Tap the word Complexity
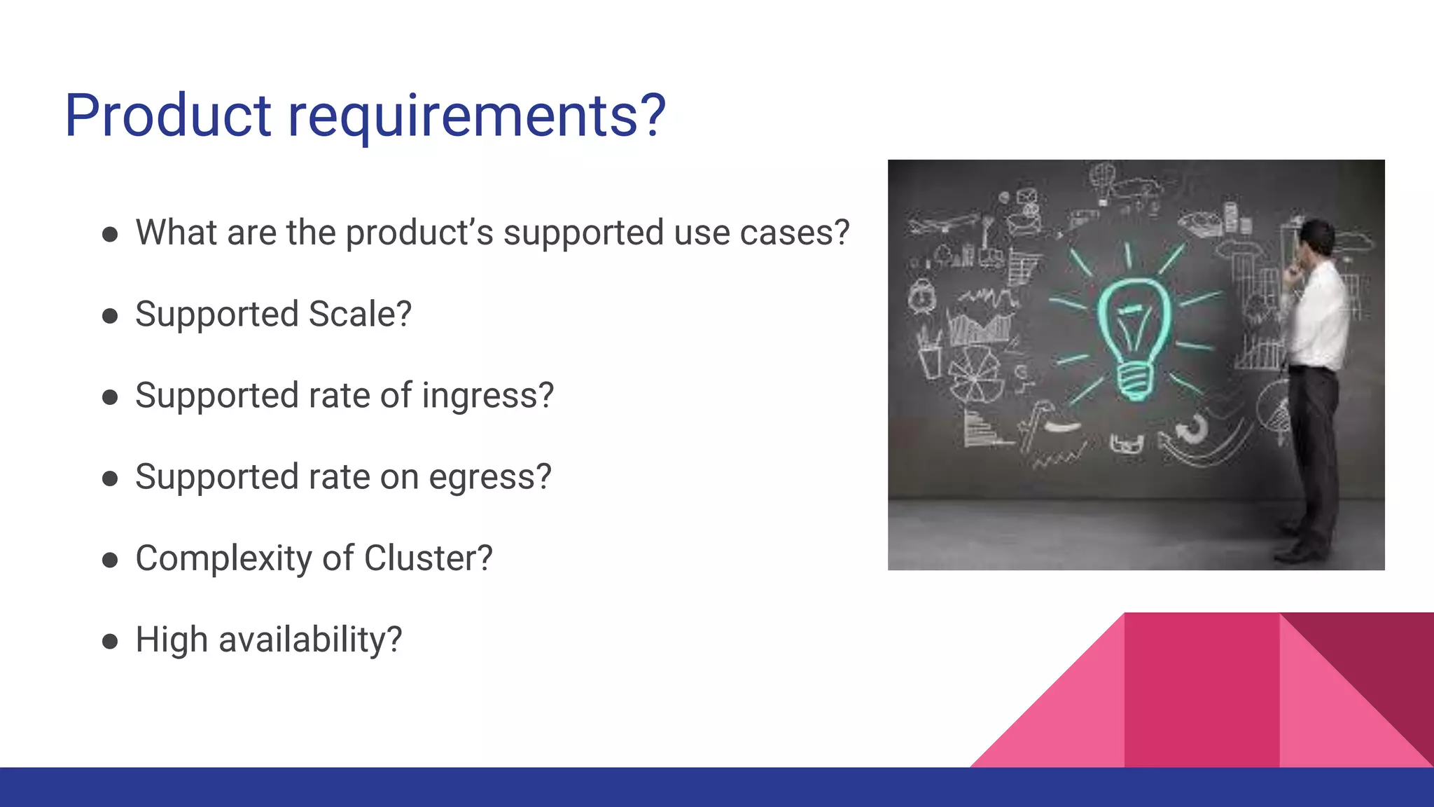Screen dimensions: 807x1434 click(x=224, y=558)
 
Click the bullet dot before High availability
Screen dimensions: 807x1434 click(x=110, y=641)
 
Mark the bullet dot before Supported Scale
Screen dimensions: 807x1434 click(x=110, y=316)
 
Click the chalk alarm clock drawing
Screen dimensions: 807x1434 click(x=922, y=296)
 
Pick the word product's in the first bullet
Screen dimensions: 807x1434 click(x=419, y=233)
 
